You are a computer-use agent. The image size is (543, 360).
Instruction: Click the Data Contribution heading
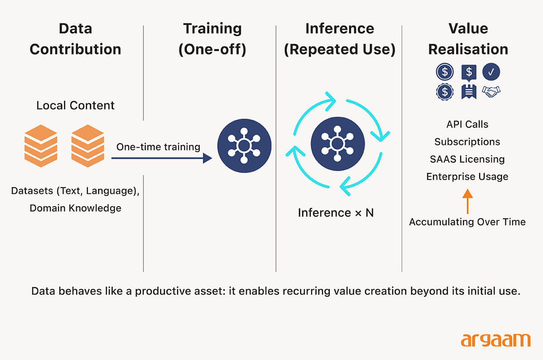[76, 38]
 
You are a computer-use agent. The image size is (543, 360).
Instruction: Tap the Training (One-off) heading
[212, 38]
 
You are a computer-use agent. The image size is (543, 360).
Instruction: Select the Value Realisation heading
[468, 38]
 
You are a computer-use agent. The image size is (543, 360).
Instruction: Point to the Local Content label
[76, 106]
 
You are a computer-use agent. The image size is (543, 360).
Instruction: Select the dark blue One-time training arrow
[162, 158]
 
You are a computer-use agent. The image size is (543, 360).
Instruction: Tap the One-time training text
[158, 147]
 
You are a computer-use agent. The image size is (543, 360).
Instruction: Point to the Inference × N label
[336, 212]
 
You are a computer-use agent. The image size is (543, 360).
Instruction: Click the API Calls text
[467, 125]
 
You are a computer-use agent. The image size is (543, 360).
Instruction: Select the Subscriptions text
[467, 142]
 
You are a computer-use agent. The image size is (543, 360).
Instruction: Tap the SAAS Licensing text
[467, 159]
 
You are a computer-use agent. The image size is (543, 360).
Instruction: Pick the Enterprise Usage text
[467, 177]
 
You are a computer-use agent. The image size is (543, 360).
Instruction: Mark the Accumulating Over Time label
[467, 222]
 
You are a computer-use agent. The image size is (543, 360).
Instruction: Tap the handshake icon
[491, 91]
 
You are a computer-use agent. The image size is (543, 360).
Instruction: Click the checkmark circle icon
[491, 72]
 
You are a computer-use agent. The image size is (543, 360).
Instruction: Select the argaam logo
[495, 339]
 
